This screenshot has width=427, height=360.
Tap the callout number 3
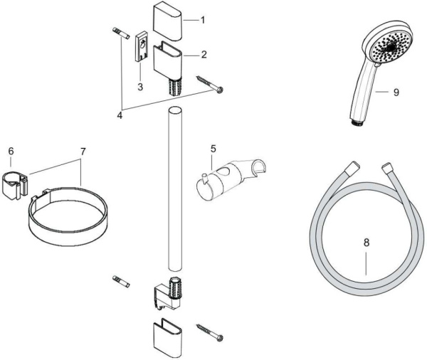tap(141, 87)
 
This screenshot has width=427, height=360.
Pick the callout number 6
tap(11, 152)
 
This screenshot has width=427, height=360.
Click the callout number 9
tap(395, 92)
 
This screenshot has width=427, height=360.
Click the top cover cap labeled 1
tap(169, 22)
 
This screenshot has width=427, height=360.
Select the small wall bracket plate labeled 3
tap(141, 52)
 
